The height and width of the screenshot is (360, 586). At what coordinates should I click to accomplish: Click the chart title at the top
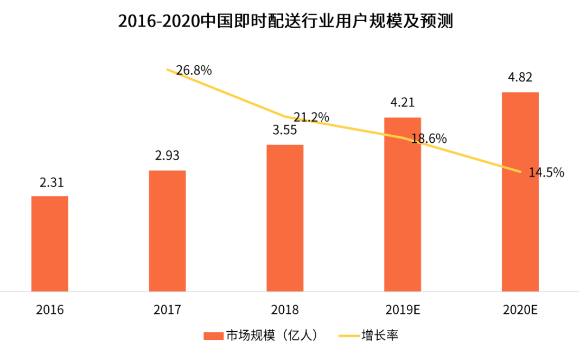(x=285, y=21)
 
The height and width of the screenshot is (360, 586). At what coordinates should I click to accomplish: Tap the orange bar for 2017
(x=167, y=231)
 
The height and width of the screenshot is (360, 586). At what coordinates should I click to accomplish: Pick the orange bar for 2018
(x=285, y=218)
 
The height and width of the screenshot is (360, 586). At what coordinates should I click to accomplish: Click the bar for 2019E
(x=403, y=204)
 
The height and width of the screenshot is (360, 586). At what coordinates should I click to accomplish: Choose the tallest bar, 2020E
(x=520, y=192)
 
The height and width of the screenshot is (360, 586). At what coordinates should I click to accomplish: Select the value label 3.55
(x=284, y=130)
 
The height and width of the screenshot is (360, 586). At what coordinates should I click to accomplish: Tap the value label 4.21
(x=402, y=103)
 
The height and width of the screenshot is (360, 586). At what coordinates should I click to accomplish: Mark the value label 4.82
(x=520, y=78)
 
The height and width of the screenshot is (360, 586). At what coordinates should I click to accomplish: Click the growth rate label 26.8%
(x=194, y=70)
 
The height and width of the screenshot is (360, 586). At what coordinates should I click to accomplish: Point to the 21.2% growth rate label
(x=311, y=117)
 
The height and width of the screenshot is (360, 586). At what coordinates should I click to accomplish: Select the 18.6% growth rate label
(x=429, y=139)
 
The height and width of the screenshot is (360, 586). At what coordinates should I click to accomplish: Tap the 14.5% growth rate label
(x=546, y=173)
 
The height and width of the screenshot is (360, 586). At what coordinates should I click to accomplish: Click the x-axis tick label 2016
(x=50, y=310)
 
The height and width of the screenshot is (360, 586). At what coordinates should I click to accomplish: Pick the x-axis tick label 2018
(x=285, y=310)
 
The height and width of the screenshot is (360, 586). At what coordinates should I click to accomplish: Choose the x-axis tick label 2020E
(x=520, y=310)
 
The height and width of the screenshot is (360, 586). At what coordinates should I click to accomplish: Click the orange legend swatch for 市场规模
(x=213, y=336)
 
